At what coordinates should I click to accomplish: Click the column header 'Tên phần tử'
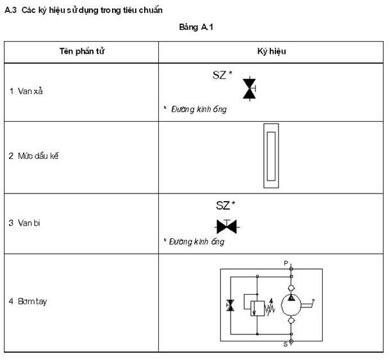[82, 51]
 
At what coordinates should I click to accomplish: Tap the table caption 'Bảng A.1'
[196, 29]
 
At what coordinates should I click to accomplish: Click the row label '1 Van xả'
[26, 91]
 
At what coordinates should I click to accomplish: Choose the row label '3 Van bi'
[25, 223]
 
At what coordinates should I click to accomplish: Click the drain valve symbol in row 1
[249, 88]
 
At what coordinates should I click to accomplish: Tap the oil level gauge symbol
[272, 156]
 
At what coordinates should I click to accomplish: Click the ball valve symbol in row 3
[225, 226]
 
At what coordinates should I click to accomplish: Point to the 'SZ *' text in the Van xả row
[222, 75]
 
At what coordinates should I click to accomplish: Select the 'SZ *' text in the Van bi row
[225, 206]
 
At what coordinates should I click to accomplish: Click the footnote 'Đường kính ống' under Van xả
[198, 110]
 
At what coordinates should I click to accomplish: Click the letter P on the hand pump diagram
[286, 263]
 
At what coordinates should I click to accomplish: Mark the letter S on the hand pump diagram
[286, 344]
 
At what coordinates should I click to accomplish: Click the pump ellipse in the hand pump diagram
[291, 303]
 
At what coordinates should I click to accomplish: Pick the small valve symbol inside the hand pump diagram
[231, 306]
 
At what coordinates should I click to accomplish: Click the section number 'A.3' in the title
[10, 10]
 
